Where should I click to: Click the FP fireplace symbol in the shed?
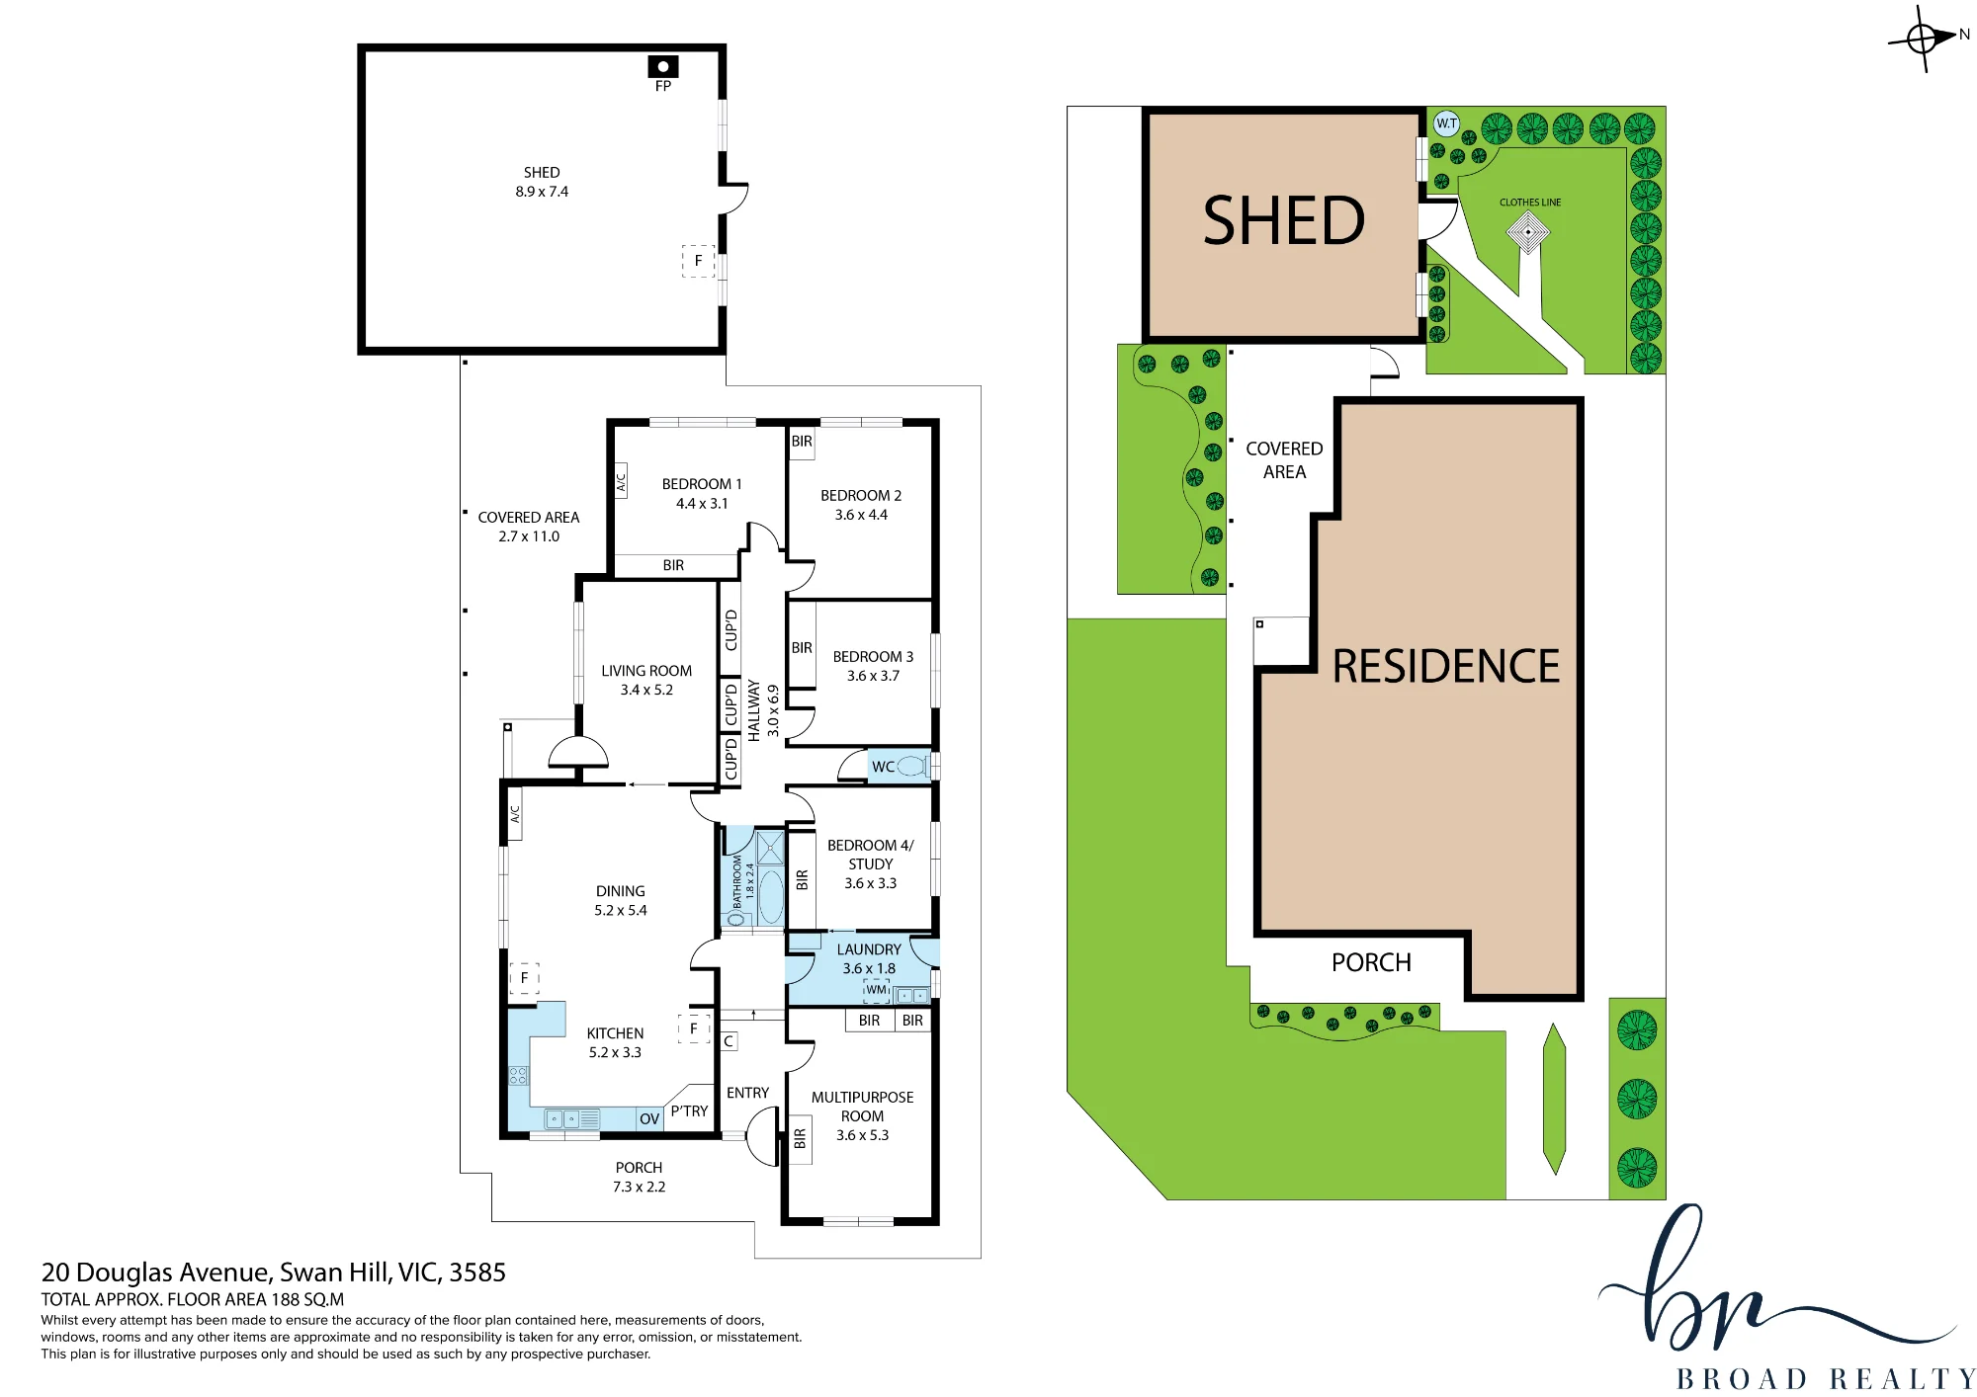point(663,66)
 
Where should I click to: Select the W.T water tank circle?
point(1446,123)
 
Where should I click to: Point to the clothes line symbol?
point(1528,232)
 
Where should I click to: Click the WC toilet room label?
point(883,767)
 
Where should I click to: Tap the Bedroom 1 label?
point(702,484)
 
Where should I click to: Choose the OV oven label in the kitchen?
point(649,1119)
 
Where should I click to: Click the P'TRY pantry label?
point(689,1111)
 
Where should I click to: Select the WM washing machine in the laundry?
point(877,990)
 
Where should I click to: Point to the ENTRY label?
point(747,1093)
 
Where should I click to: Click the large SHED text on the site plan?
point(1283,220)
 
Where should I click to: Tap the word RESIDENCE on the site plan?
point(1446,666)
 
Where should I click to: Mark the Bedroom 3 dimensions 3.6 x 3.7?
point(873,676)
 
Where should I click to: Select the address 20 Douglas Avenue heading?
point(274,1273)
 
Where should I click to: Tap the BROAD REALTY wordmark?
point(1826,1379)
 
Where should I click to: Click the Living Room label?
point(646,671)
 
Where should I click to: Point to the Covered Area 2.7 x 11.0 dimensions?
point(529,536)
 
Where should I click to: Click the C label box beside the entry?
point(729,1041)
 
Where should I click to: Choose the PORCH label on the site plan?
point(1371,962)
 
